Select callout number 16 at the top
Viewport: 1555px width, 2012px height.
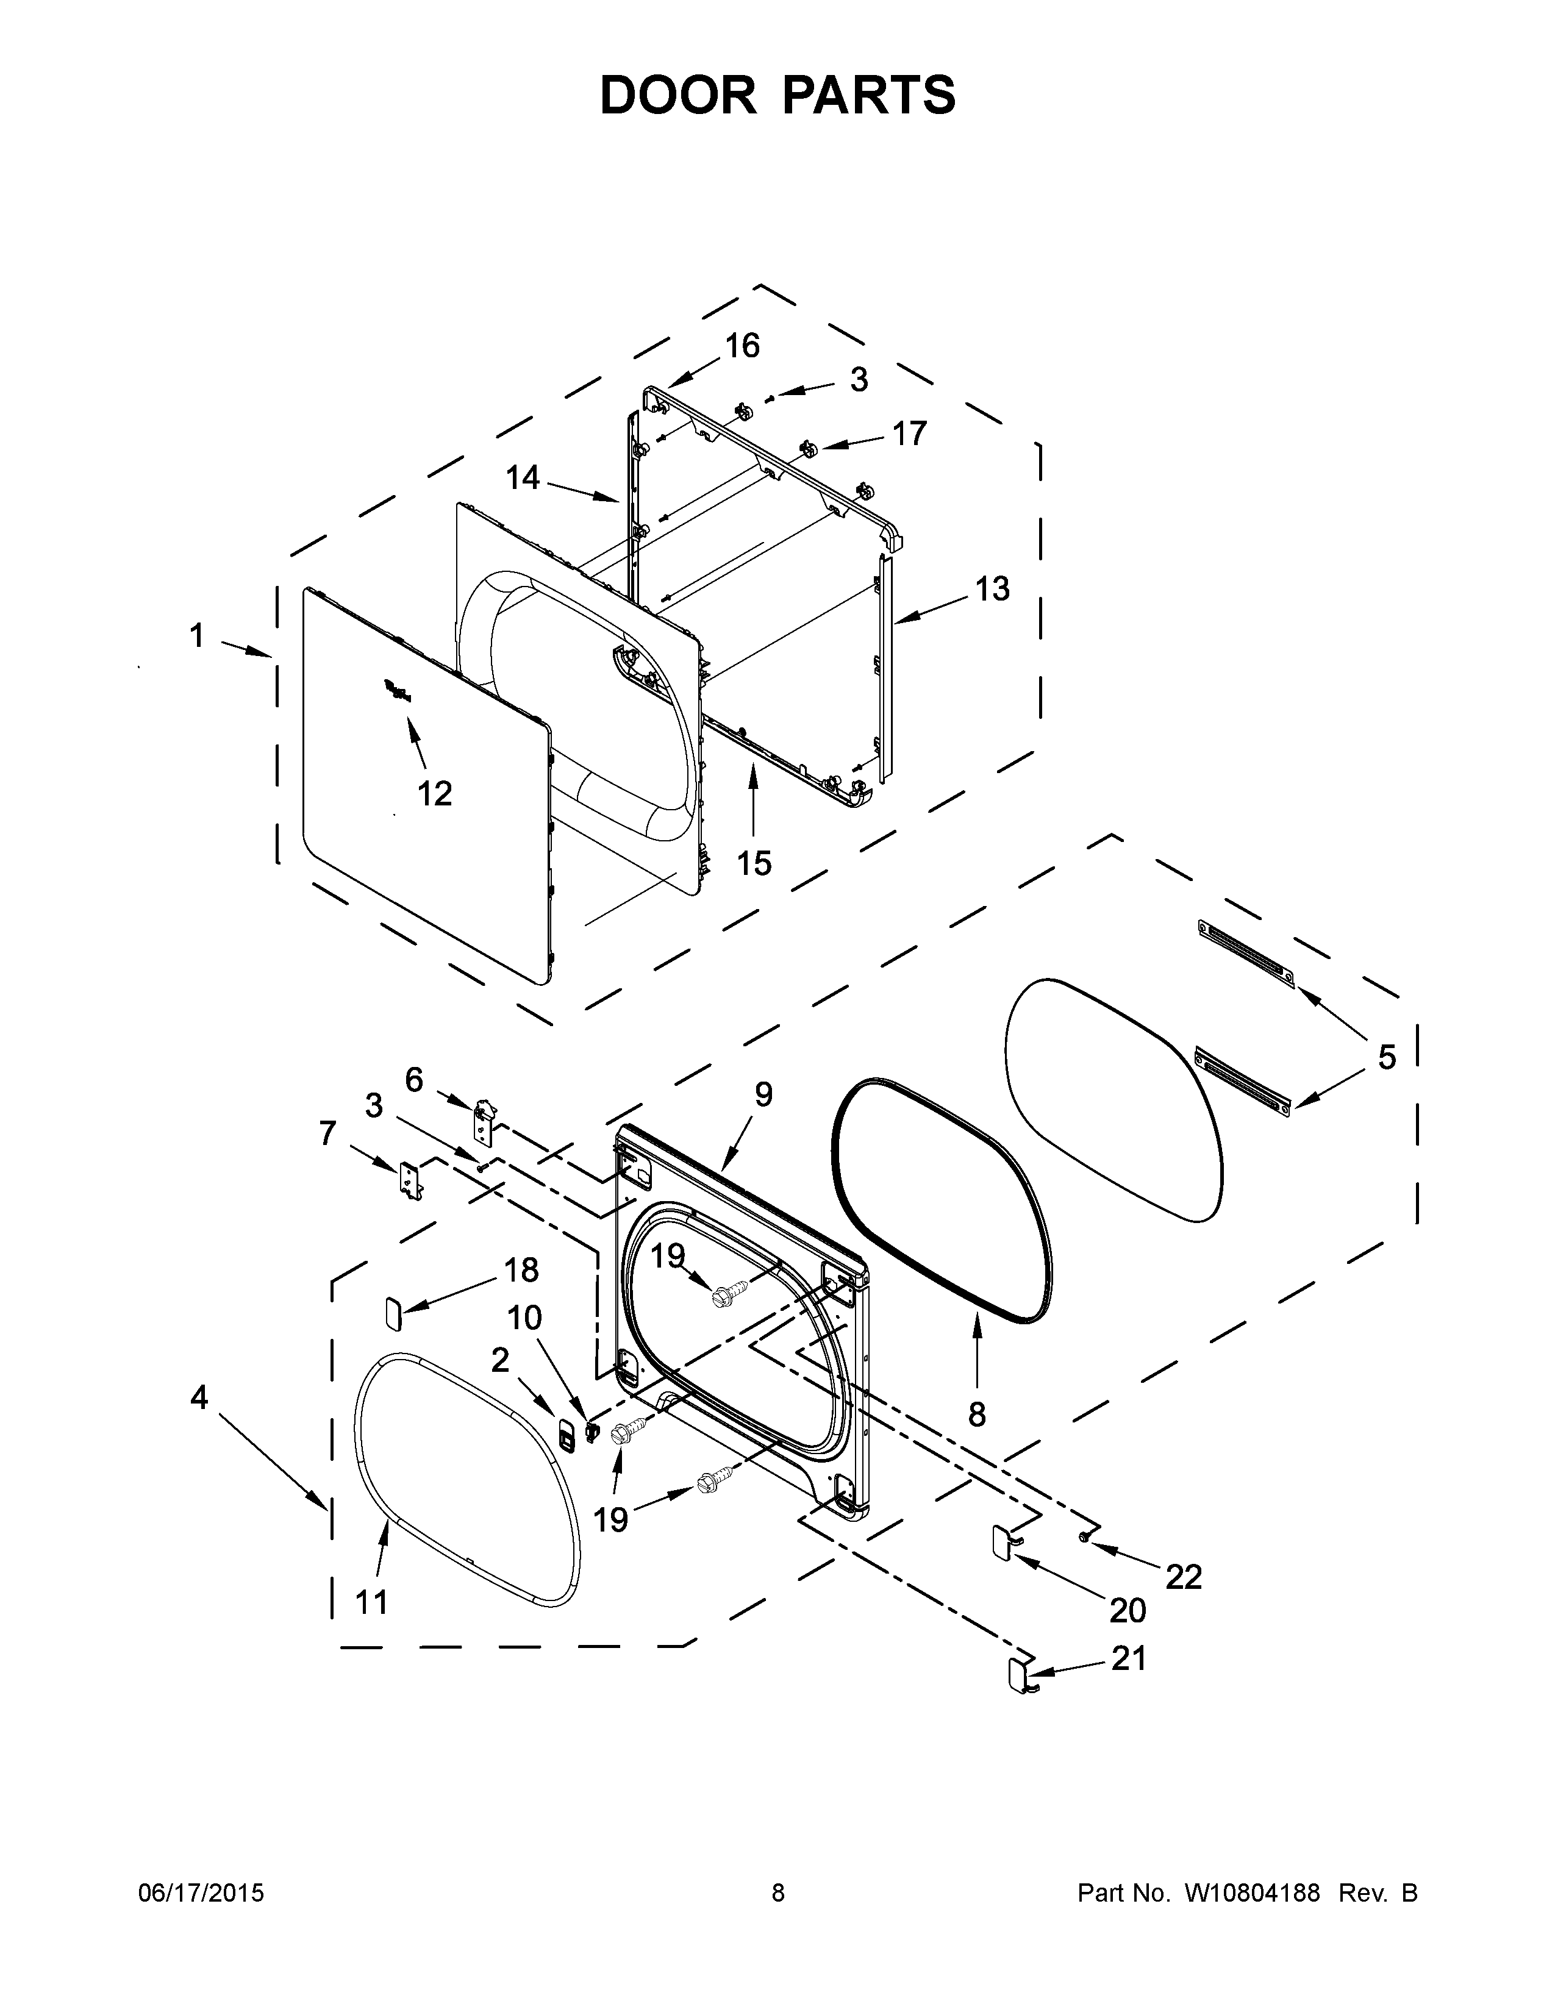[x=742, y=346]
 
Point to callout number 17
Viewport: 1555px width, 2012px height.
[x=909, y=433]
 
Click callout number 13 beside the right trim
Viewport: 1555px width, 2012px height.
[x=992, y=589]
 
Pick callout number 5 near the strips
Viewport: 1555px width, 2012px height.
[x=1387, y=1057]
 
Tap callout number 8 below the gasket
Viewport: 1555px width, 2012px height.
[x=976, y=1414]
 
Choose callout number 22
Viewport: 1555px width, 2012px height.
[x=1184, y=1577]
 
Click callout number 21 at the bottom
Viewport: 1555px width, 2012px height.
[x=1129, y=1658]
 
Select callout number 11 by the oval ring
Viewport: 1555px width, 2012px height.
[x=371, y=1602]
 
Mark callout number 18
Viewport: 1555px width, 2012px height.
[x=521, y=1271]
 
